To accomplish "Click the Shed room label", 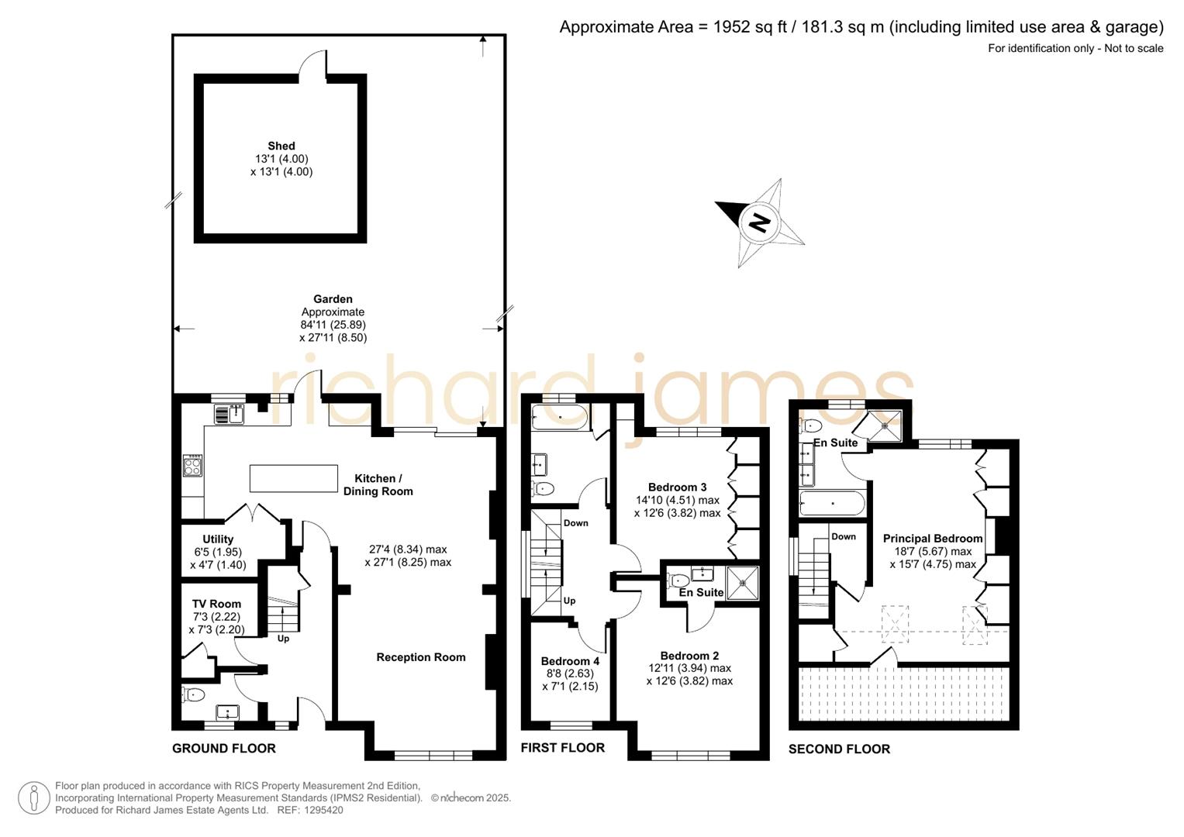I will pos(281,146).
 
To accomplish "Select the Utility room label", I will pos(218,539).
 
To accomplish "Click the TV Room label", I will pos(216,604).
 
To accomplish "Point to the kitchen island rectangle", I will pos(293,478).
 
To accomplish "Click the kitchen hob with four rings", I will pos(192,467).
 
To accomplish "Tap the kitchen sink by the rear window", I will pos(230,415).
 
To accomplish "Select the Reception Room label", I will pos(421,657).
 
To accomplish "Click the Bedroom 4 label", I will pos(570,661).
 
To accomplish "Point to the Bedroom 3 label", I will pos(677,487).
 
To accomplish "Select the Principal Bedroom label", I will pos(933,539).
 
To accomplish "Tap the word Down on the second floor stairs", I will pos(844,536).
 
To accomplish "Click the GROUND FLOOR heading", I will pos(224,749).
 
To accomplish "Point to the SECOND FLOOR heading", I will pos(839,749).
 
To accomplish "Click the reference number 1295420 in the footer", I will pos(323,811).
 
